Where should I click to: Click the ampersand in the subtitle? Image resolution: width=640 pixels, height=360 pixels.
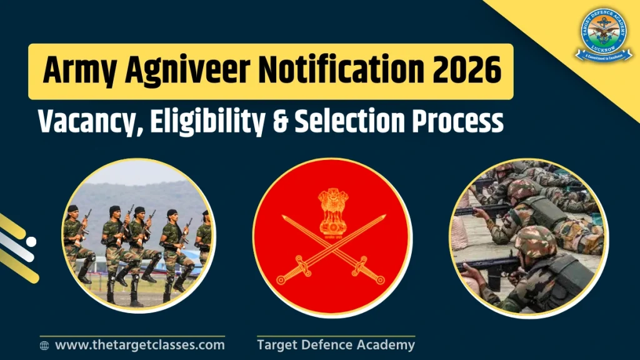(x=282, y=121)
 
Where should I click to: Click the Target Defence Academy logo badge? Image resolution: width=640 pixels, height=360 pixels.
(x=603, y=36)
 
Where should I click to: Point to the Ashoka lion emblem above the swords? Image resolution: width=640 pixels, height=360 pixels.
(x=332, y=209)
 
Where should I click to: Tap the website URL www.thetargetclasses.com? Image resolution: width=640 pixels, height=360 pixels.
(x=139, y=344)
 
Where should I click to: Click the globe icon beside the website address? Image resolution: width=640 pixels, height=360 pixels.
(x=44, y=345)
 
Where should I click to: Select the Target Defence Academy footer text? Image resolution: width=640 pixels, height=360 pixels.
(x=336, y=344)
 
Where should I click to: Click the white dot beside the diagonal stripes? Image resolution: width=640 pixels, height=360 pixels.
(x=31, y=241)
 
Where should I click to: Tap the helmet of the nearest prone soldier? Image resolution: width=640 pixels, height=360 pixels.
(x=535, y=240)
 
